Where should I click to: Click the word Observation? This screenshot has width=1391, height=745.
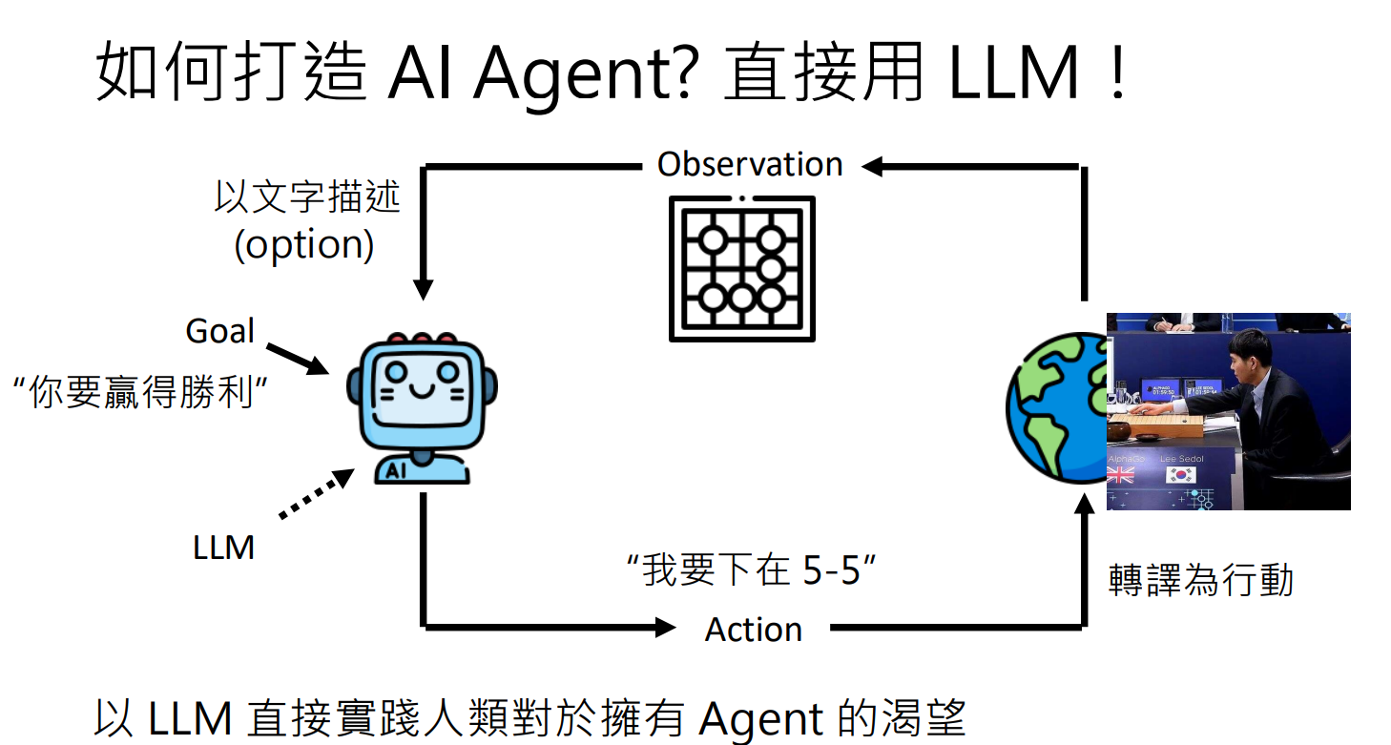[x=750, y=165]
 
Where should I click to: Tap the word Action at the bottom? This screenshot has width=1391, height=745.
[x=753, y=630]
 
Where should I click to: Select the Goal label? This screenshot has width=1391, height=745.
[x=220, y=332]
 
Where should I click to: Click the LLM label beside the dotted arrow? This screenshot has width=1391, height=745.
[x=223, y=548]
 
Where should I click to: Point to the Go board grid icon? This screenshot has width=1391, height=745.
[x=742, y=268]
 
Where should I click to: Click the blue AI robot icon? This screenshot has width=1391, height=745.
[x=421, y=407]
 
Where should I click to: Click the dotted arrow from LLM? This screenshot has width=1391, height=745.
[x=315, y=495]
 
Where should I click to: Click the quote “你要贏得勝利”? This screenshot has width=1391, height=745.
[x=139, y=392]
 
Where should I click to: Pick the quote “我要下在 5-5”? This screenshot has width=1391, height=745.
[x=751, y=571]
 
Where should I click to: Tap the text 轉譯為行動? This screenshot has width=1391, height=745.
[x=1200, y=579]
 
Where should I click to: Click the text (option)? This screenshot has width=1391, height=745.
[x=304, y=245]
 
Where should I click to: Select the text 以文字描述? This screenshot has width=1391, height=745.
[x=307, y=198]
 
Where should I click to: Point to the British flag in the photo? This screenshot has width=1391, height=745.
[x=1120, y=474]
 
